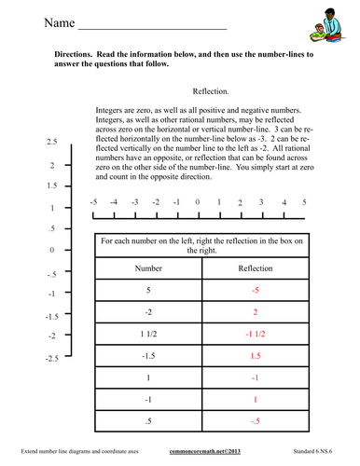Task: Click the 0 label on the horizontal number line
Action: tap(198, 202)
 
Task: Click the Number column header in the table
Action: tap(149, 267)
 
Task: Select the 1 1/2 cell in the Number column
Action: tap(149, 334)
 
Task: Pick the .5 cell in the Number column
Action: tap(149, 421)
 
